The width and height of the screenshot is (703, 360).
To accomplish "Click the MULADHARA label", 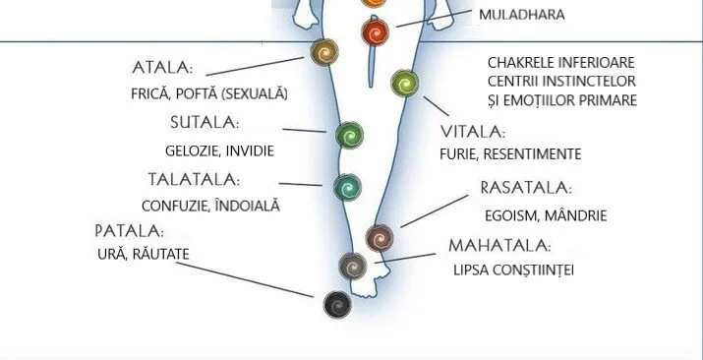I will pyautogui.click(x=522, y=16).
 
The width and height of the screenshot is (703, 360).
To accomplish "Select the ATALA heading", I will pyautogui.click(x=162, y=68).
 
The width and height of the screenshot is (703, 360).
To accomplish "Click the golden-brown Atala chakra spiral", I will pyautogui.click(x=323, y=51).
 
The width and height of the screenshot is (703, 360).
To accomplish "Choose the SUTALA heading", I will pyautogui.click(x=204, y=123).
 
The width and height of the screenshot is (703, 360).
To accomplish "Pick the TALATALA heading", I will pyautogui.click(x=194, y=180).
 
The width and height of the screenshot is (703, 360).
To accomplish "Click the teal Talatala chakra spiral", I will pyautogui.click(x=348, y=185).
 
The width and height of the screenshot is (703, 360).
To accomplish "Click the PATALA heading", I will pyautogui.click(x=129, y=231).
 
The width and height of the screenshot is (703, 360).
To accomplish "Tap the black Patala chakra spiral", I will pyautogui.click(x=337, y=305).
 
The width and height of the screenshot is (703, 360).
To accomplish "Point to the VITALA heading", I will pyautogui.click(x=473, y=131).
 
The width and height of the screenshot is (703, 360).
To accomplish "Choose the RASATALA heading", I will pyautogui.click(x=525, y=188).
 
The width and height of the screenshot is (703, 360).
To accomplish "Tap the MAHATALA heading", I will pyautogui.click(x=498, y=245).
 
